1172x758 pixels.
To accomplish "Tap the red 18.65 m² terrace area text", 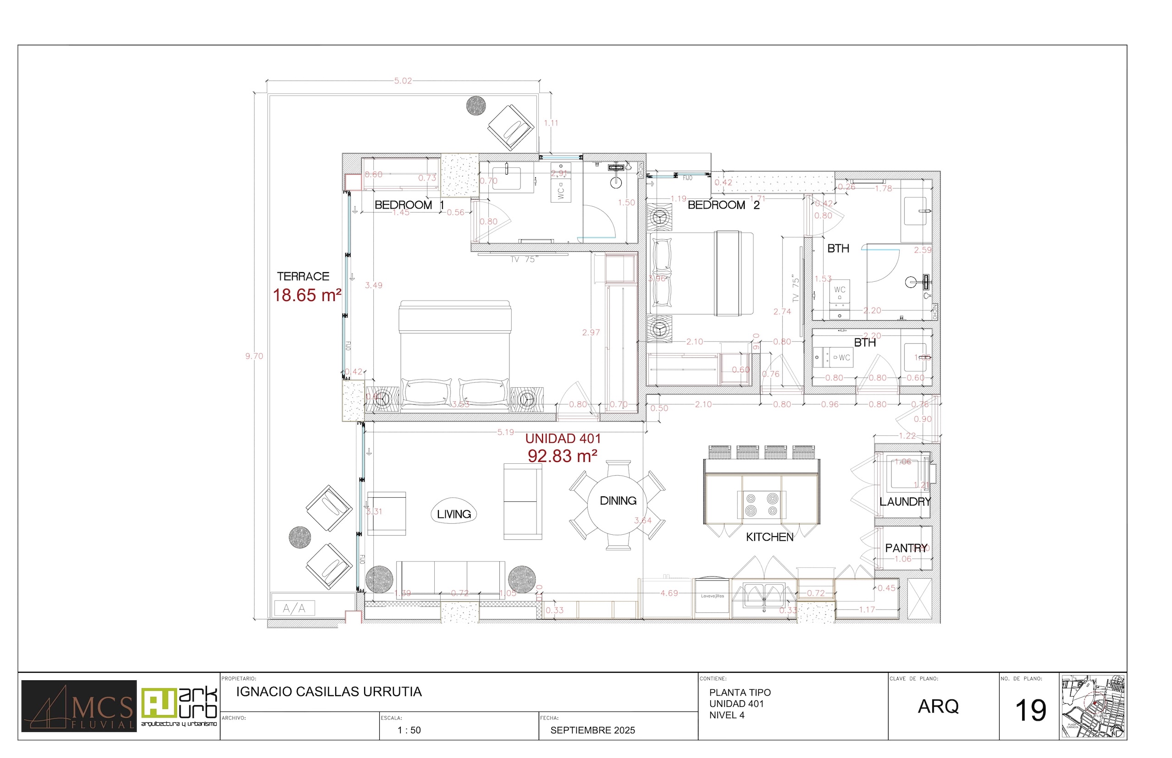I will (x=307, y=295).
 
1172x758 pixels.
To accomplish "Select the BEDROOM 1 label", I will (x=409, y=205).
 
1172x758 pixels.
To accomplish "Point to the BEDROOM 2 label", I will (x=724, y=205).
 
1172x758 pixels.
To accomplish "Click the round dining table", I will (x=618, y=505).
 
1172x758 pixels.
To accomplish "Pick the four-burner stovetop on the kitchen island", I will (x=761, y=505).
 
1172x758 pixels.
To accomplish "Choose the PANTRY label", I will (x=906, y=548).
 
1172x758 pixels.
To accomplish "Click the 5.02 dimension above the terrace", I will (x=403, y=81).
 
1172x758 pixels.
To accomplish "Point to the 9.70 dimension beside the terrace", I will (x=254, y=356).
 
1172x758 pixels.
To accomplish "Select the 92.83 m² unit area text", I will (x=562, y=456).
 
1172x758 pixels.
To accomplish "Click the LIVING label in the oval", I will (x=453, y=514).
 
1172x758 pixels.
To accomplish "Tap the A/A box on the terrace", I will (x=294, y=608).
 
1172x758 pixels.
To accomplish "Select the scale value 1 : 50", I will (x=409, y=731).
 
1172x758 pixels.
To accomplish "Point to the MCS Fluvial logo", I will (x=79, y=706).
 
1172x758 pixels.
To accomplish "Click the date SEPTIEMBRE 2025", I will (x=592, y=731).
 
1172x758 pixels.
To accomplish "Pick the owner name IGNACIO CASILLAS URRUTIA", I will (x=329, y=692).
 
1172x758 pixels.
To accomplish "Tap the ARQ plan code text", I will (x=938, y=706).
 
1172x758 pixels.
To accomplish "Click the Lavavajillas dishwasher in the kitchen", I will (x=712, y=597).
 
